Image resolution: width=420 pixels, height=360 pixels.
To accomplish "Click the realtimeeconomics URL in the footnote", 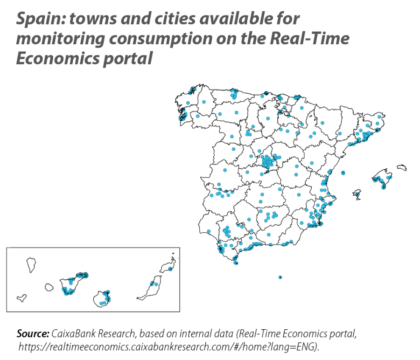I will tap(168, 347).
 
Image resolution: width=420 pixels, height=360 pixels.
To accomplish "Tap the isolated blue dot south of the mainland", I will tap(280, 277).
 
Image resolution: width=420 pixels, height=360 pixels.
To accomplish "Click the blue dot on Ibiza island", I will tap(357, 192).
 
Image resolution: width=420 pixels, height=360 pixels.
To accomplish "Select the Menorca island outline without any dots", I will tap(401, 167).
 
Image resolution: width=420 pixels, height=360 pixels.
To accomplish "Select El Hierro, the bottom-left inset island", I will tap(21, 297).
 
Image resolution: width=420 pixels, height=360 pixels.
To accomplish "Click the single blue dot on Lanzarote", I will tap(170, 269).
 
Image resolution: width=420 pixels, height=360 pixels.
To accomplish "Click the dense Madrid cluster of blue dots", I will tap(268, 162).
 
